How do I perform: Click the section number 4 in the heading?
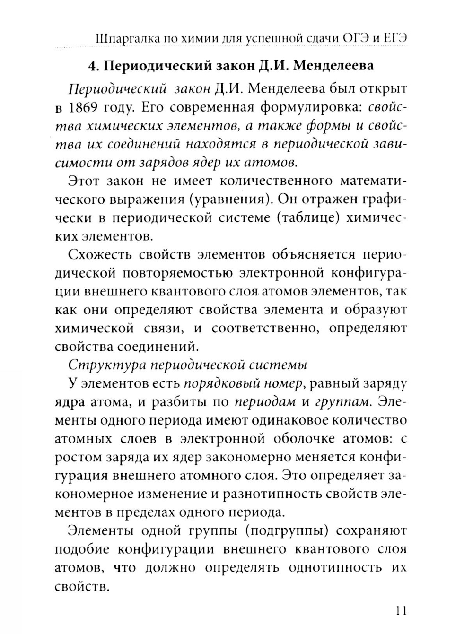click(x=93, y=65)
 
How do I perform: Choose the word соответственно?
click(x=264, y=329)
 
